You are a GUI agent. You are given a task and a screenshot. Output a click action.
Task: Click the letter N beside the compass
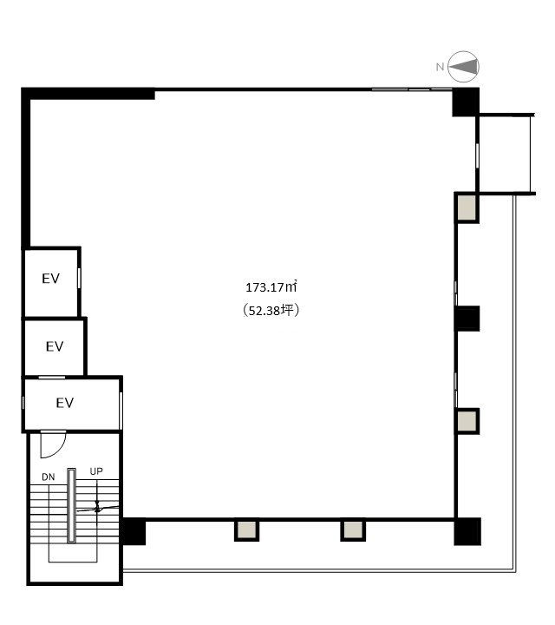(x=440, y=67)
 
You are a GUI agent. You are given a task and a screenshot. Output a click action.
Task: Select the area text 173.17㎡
(x=271, y=287)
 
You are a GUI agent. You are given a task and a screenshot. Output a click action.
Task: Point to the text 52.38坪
(x=271, y=310)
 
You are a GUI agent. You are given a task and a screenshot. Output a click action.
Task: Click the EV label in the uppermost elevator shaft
(x=50, y=279)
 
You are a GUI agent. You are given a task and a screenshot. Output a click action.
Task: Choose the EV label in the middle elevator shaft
(x=55, y=346)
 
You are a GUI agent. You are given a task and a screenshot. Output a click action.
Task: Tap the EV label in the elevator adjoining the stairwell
(x=65, y=403)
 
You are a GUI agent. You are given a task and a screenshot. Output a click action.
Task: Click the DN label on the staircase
(x=49, y=477)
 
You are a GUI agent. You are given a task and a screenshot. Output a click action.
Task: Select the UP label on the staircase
(x=96, y=471)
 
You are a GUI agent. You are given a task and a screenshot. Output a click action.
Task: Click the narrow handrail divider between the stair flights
(x=71, y=505)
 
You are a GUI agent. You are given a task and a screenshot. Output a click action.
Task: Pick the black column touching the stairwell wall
(x=134, y=531)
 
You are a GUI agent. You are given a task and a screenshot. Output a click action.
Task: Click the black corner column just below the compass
(x=466, y=102)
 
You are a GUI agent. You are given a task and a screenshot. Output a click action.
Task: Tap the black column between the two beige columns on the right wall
(x=467, y=318)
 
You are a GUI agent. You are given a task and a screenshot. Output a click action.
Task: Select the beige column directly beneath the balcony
(x=467, y=207)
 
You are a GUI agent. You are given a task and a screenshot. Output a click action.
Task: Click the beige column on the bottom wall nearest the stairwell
(x=246, y=530)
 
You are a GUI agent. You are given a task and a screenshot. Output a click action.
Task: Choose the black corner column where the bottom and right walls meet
(x=467, y=531)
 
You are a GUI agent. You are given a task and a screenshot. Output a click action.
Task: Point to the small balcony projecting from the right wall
(x=505, y=155)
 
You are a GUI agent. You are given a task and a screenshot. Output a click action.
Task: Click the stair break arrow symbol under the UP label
(x=97, y=506)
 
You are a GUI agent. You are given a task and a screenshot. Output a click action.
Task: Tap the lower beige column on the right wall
(x=467, y=420)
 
